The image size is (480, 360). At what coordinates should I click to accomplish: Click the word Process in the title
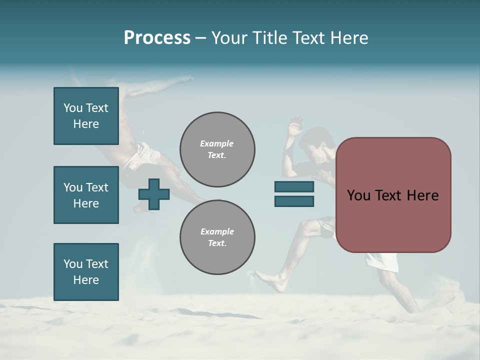click(157, 38)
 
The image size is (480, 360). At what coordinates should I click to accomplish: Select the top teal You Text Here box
click(86, 116)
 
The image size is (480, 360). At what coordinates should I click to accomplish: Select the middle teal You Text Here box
click(86, 195)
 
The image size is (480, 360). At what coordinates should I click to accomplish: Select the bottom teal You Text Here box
click(86, 271)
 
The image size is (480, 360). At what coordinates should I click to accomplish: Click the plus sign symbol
click(154, 193)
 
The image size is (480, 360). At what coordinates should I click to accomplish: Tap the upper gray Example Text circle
click(217, 149)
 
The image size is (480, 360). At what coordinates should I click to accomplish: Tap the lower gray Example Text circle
click(217, 237)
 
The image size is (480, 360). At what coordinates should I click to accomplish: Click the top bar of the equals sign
click(294, 186)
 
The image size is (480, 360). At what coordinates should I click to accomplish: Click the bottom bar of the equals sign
click(294, 201)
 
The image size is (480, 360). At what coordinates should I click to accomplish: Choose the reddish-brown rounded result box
click(393, 195)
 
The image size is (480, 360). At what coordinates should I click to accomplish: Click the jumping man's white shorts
click(141, 155)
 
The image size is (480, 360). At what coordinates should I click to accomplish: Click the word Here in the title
click(347, 38)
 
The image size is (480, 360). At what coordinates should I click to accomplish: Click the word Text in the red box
click(392, 195)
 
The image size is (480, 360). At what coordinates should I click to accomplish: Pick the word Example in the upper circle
click(216, 143)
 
